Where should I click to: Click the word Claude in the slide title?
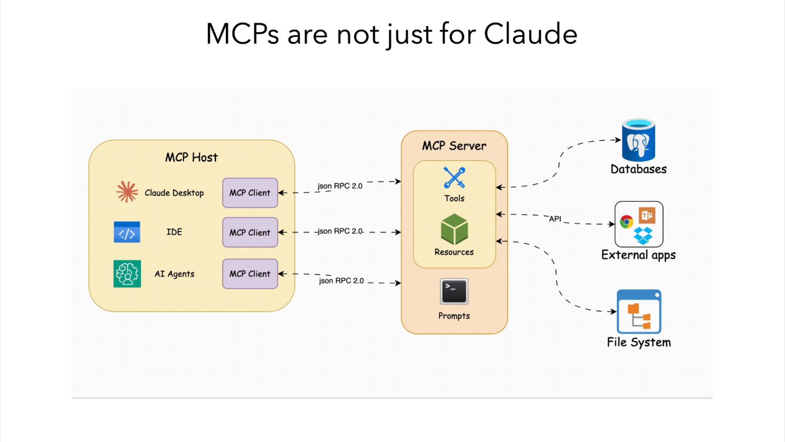(x=530, y=34)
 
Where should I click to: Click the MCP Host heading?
(x=191, y=157)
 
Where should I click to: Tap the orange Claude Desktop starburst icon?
(x=127, y=192)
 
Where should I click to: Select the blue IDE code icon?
(x=127, y=232)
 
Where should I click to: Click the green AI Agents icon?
(x=127, y=274)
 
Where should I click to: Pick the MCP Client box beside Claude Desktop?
(x=250, y=193)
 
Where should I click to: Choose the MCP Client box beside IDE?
(x=250, y=232)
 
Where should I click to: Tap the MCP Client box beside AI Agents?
(x=250, y=274)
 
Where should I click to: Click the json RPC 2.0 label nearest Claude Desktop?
(x=340, y=186)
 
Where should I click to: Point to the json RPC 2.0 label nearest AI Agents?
(x=341, y=281)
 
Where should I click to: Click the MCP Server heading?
(x=454, y=146)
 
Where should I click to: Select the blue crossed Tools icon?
(x=454, y=178)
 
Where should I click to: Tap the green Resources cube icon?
(x=454, y=230)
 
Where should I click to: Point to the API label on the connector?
(x=555, y=219)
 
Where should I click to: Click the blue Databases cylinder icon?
(x=638, y=140)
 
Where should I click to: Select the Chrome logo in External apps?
(x=626, y=222)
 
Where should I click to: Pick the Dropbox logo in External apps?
(x=643, y=235)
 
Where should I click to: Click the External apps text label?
(x=638, y=255)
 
